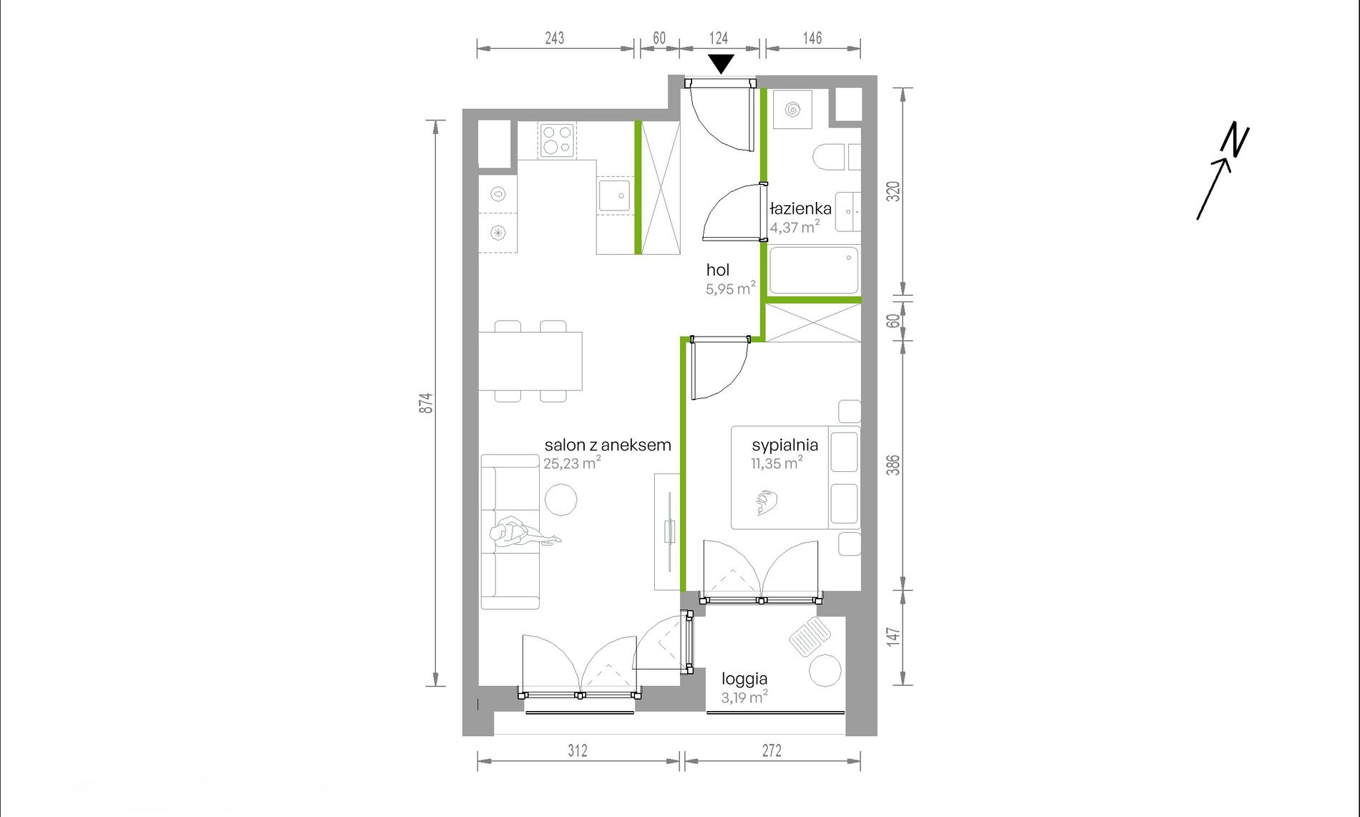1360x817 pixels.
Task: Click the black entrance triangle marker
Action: coord(721,63)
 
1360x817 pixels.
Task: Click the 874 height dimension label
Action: coord(426,403)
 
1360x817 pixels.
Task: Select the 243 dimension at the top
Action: coord(555,38)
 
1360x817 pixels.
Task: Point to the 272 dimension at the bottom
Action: coord(772,750)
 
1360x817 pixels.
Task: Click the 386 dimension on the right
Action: coord(893,465)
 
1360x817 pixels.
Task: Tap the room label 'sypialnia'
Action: coord(785,445)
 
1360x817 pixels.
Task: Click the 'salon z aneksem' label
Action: coord(608,445)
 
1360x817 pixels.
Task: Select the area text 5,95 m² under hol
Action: coord(731,289)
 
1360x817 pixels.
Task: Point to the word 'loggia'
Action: coord(744,679)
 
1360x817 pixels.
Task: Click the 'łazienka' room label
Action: coord(801,208)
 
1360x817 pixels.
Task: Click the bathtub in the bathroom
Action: coord(814,271)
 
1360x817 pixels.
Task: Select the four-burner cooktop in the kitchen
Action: coord(558,140)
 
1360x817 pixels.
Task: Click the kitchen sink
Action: coord(615,195)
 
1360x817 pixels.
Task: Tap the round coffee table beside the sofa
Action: coord(560,500)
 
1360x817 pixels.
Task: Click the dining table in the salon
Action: coord(530,361)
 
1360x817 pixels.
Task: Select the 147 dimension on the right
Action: coord(893,637)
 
